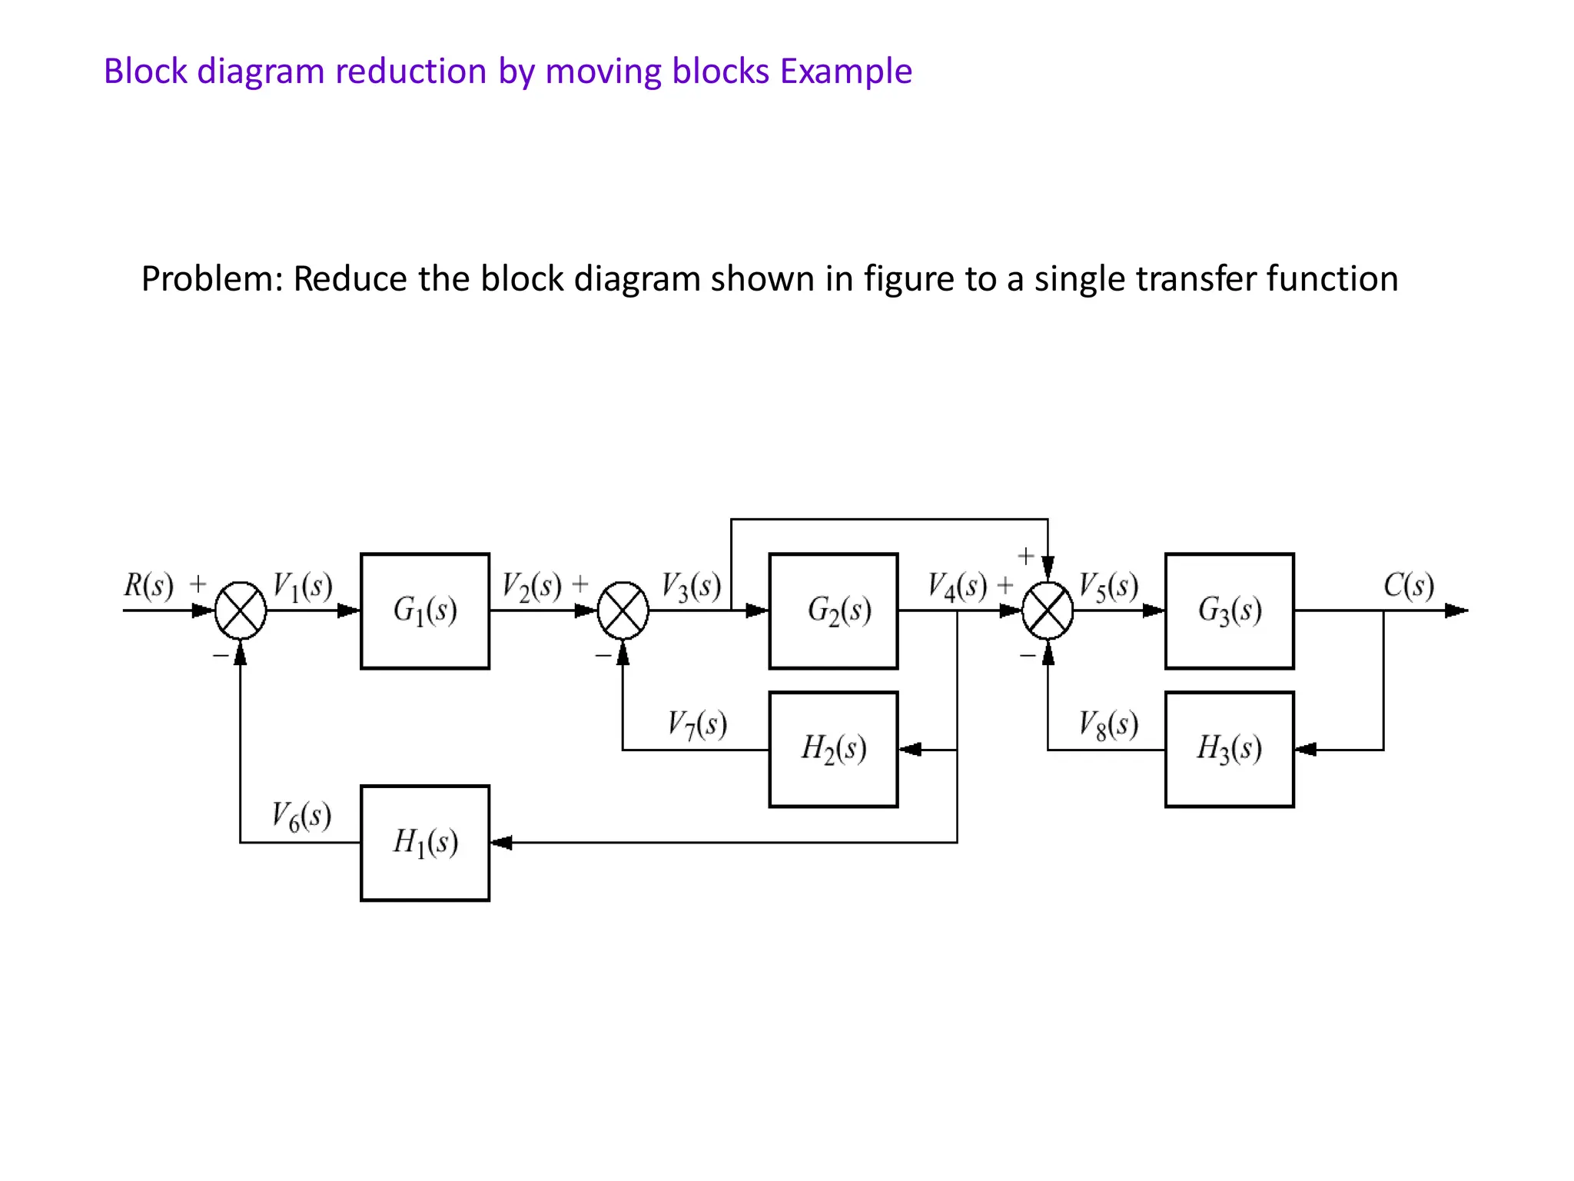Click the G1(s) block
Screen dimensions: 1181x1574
click(x=425, y=610)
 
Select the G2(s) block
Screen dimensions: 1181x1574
click(x=833, y=610)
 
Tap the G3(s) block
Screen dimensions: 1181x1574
click(x=1229, y=610)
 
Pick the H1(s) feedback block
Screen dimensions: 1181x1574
click(x=425, y=843)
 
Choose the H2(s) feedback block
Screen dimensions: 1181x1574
click(x=833, y=749)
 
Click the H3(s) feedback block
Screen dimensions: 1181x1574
click(x=1229, y=749)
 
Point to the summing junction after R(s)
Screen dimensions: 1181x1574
click(x=241, y=610)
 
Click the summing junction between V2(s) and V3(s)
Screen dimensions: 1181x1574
click(x=623, y=610)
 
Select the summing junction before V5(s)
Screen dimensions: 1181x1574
click(x=1048, y=610)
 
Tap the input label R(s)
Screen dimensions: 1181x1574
click(x=148, y=586)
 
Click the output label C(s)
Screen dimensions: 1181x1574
click(x=1408, y=586)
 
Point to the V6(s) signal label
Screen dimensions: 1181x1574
click(x=301, y=816)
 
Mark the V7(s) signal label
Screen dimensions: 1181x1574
click(x=696, y=724)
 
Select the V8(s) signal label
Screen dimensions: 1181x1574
click(x=1107, y=724)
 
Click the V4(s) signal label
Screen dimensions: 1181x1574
click(x=957, y=587)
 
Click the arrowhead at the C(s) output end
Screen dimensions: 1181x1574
click(x=1456, y=610)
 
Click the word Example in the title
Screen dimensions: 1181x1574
click(x=845, y=71)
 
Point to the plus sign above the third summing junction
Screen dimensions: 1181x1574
click(x=1025, y=556)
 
